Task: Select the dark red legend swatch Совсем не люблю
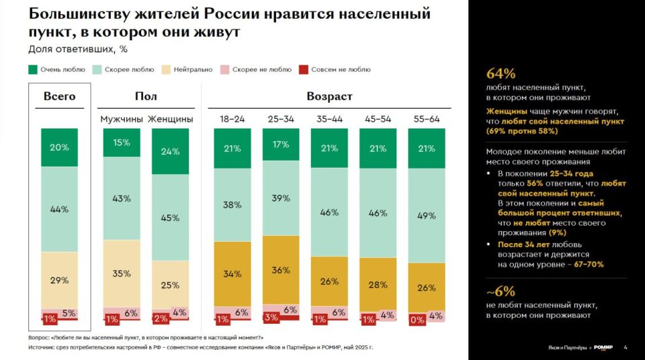tap(303, 69)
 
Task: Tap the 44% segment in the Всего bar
tap(59, 209)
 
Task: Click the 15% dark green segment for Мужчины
tap(122, 142)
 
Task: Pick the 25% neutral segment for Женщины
tap(170, 285)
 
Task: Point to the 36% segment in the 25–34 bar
tap(281, 271)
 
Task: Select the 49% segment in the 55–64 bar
tap(426, 216)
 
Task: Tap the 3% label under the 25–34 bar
tap(271, 317)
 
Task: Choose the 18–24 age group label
tap(232, 119)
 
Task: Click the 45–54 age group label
tap(378, 119)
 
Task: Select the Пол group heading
tap(146, 96)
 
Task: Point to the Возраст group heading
tap(329, 96)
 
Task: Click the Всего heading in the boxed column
tap(59, 96)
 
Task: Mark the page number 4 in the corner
tap(626, 347)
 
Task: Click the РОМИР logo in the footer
tap(604, 347)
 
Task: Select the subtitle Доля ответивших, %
tap(78, 49)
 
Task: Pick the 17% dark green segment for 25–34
tap(281, 144)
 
